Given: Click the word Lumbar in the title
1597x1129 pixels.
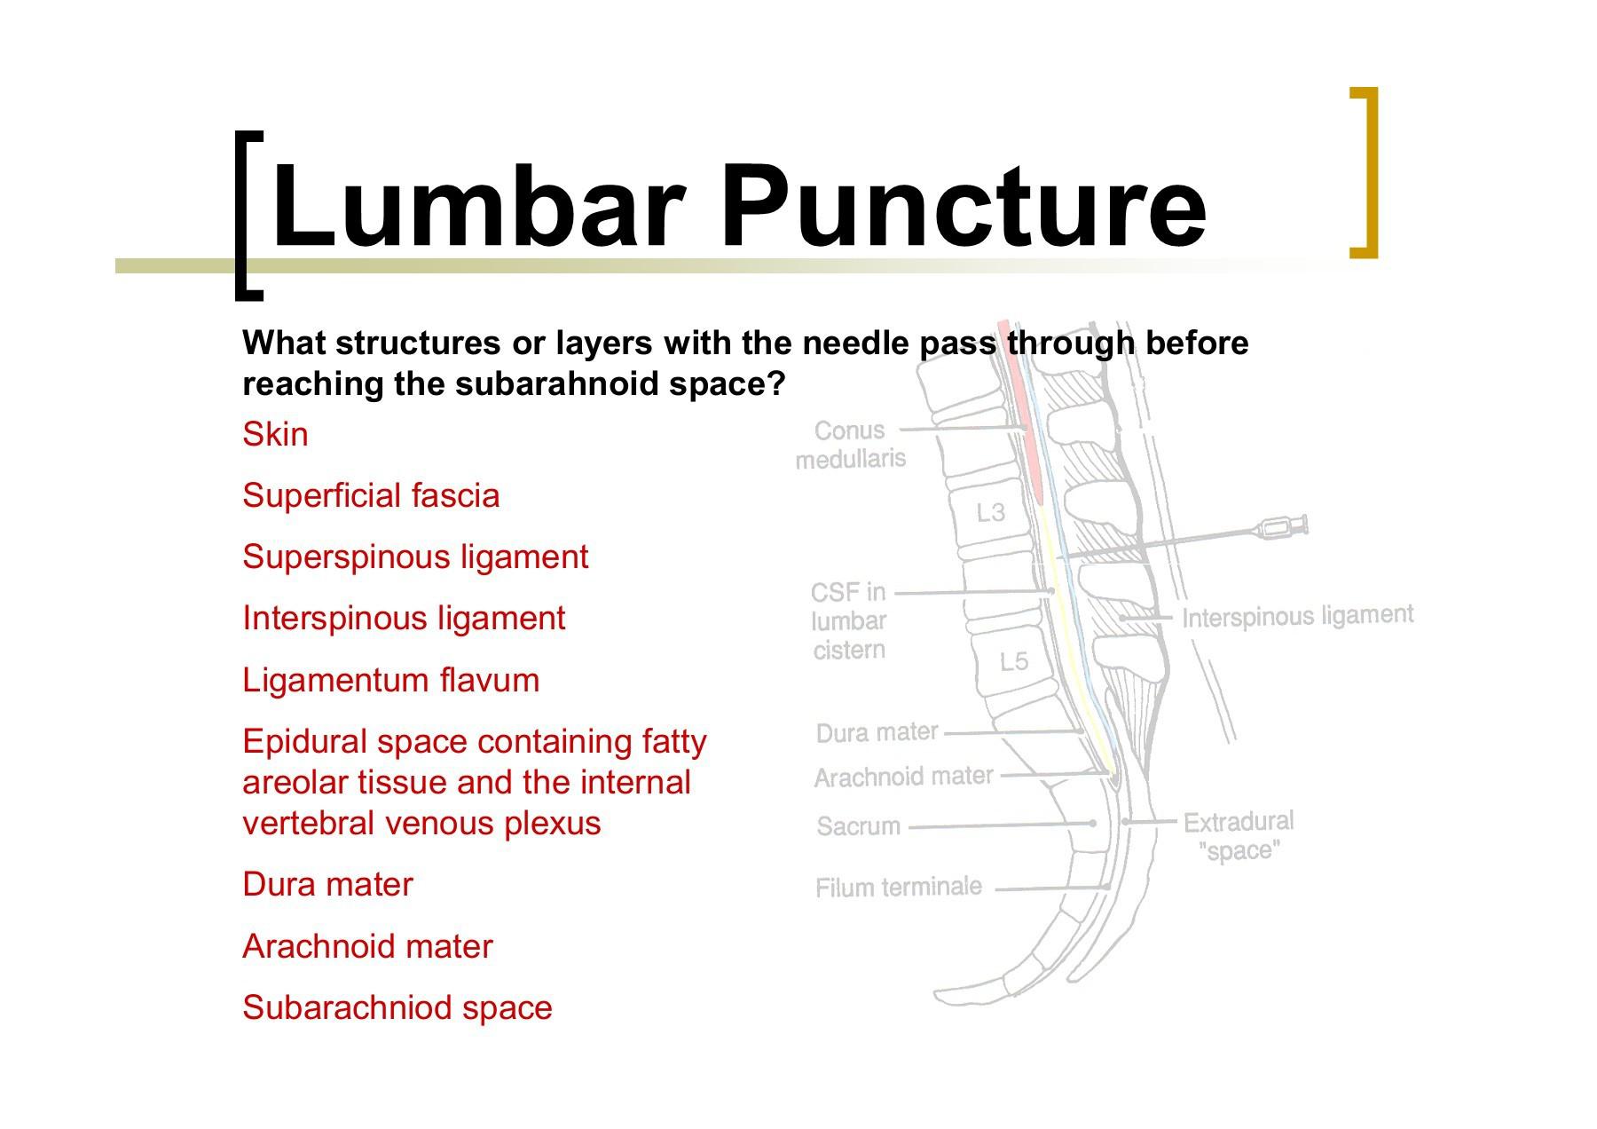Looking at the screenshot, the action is coord(478,205).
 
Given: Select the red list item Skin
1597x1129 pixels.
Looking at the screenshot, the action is coord(275,434).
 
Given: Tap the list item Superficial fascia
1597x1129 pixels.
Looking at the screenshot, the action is coord(371,495).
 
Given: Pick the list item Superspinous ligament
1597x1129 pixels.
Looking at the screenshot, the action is coord(415,557).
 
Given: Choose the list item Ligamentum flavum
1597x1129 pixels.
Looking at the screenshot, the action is coord(390,680).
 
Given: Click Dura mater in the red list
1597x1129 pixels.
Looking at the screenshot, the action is coord(327,884).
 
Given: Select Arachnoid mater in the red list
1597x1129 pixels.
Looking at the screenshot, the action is coord(367,946).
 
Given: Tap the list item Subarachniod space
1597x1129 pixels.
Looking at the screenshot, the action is coord(397,1007).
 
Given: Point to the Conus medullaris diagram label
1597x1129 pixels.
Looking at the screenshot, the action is coord(851,445).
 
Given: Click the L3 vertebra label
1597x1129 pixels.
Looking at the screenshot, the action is coord(990,513).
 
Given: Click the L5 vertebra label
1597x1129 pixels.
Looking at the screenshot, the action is coord(1013,661).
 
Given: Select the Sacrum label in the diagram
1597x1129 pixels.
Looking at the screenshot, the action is coord(858,826).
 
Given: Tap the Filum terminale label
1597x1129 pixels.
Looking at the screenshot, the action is coord(899,887).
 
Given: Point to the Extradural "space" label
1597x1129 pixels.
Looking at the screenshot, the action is coord(1239,836).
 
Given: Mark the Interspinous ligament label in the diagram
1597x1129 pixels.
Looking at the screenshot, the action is coord(1297,616).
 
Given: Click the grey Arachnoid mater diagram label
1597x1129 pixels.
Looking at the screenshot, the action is coord(904,778).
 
